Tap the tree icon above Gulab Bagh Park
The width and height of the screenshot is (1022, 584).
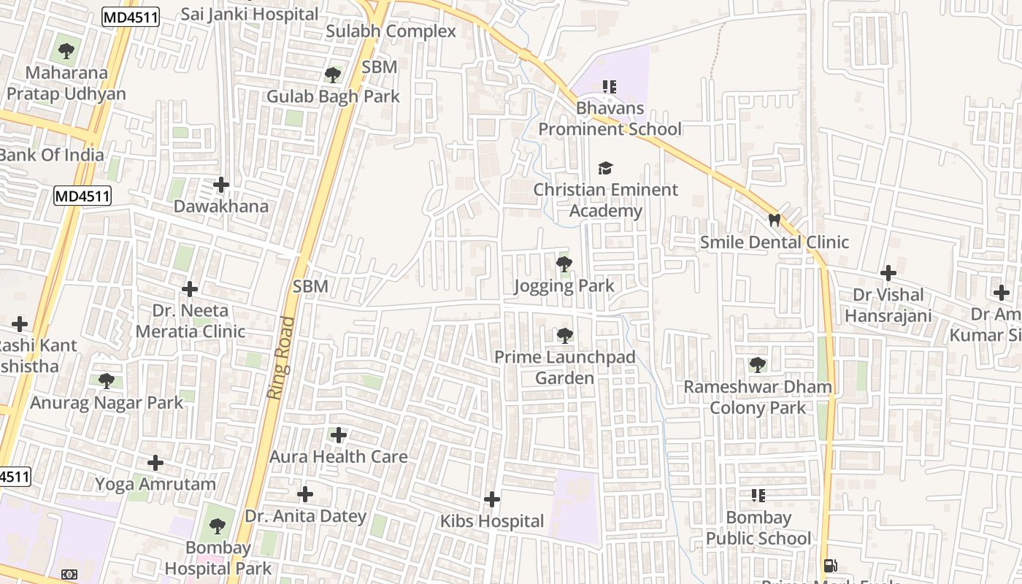pyautogui.click(x=333, y=74)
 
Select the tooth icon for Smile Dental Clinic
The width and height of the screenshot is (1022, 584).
pyautogui.click(x=775, y=220)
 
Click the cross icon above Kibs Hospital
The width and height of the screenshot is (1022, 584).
pyautogui.click(x=492, y=499)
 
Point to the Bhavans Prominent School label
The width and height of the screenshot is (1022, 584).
pyautogui.click(x=610, y=119)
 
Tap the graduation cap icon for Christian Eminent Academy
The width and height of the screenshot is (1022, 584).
pyautogui.click(x=605, y=169)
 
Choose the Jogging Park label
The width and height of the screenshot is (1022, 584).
pyautogui.click(x=564, y=285)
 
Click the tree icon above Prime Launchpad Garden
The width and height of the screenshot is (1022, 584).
pyautogui.click(x=564, y=336)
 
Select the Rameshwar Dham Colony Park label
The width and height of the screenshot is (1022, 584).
pyautogui.click(x=758, y=397)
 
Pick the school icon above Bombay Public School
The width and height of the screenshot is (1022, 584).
pyautogui.click(x=758, y=496)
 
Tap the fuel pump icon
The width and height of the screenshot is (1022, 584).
pyautogui.click(x=830, y=566)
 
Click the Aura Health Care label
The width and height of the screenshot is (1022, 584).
pyautogui.click(x=339, y=457)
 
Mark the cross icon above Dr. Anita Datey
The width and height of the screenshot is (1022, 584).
pyautogui.click(x=305, y=494)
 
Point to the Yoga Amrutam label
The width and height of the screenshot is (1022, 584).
pyautogui.click(x=155, y=484)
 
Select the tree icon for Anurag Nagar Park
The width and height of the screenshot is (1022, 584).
pyautogui.click(x=107, y=380)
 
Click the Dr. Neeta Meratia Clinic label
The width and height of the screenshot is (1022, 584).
pyautogui.click(x=190, y=321)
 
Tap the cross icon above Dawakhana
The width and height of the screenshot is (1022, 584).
pyautogui.click(x=221, y=185)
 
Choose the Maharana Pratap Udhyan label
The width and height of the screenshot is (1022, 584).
pyautogui.click(x=66, y=83)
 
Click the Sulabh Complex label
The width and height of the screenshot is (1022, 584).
pyautogui.click(x=391, y=31)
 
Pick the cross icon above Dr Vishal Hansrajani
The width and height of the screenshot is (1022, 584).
pyautogui.click(x=888, y=273)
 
